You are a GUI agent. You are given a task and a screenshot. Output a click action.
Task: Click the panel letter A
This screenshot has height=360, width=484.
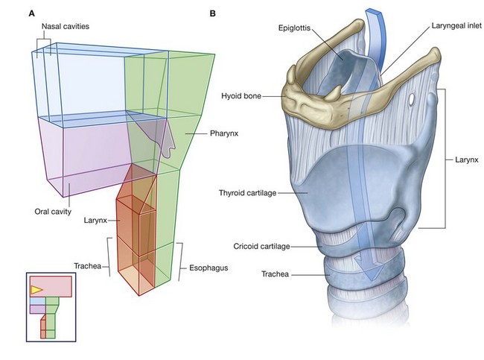[32, 13]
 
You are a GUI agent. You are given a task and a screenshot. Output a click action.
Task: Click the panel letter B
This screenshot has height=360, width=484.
[213, 13]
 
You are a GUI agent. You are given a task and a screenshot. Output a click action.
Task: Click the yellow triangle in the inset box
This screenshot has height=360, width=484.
[36, 288]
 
